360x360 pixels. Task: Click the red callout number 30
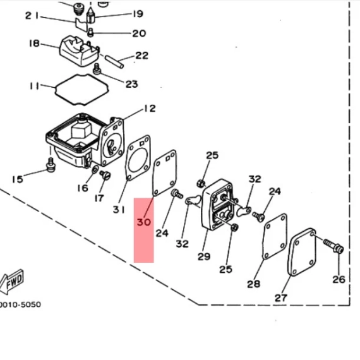click(144, 222)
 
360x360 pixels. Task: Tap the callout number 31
click(119, 210)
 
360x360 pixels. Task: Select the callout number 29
click(204, 256)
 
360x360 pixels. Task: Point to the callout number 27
click(281, 297)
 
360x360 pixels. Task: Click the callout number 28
click(254, 284)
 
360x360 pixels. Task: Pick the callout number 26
click(339, 279)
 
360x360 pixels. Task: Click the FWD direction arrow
click(11, 282)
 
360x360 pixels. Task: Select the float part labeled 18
click(79, 51)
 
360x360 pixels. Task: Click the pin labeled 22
click(114, 61)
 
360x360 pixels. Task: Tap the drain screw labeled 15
click(51, 165)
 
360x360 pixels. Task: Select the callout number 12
click(150, 109)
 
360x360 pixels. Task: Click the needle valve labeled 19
click(90, 16)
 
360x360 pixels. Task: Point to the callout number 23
click(131, 84)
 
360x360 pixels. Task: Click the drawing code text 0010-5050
click(20, 304)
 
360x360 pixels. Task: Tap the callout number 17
click(99, 198)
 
